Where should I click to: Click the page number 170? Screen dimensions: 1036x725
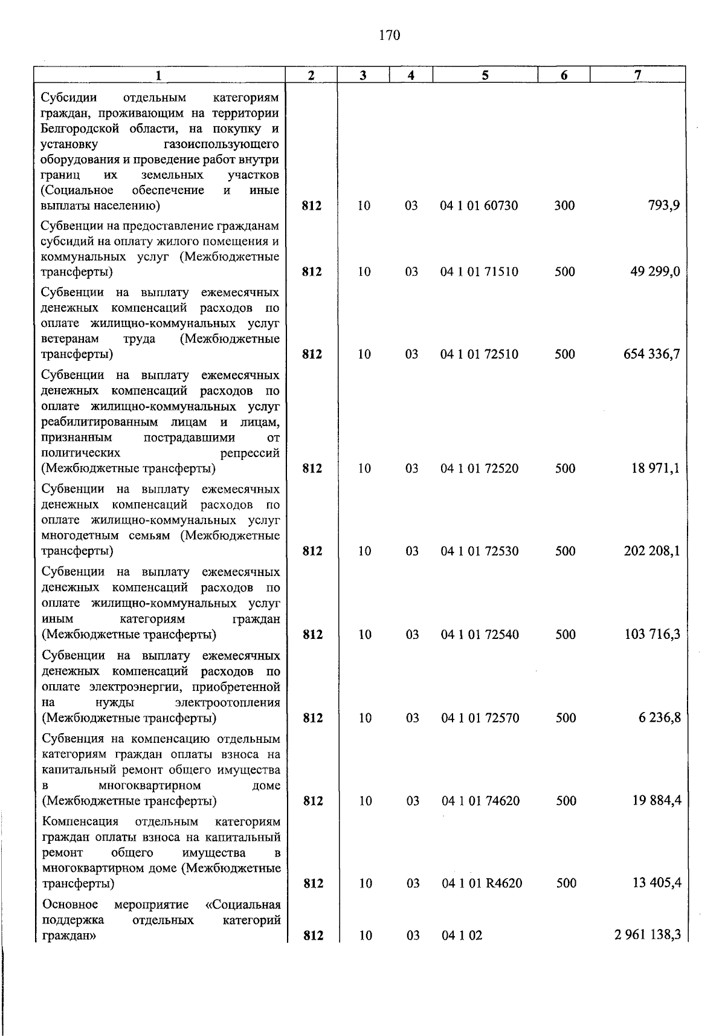coord(390,36)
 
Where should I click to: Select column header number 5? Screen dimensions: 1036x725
coord(485,75)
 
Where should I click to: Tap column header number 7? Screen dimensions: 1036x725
coord(637,75)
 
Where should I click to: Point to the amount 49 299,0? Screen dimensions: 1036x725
coord(655,271)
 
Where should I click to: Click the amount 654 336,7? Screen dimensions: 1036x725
coord(652,354)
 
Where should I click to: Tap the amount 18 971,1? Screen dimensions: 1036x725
coord(656,468)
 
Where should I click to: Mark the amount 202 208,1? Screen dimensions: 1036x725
coord(652,551)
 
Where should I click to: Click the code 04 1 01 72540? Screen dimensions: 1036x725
coord(480,635)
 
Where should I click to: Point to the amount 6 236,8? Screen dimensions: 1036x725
coord(659,718)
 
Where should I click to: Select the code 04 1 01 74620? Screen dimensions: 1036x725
coord(480,801)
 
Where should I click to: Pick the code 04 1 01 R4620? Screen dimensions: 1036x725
coord(482,884)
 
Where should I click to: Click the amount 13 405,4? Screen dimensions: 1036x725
coord(657,883)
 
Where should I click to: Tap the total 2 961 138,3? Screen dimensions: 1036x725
coord(648,936)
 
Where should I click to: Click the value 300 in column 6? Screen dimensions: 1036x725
coord(564,206)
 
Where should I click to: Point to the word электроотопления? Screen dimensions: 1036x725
coord(227,702)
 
